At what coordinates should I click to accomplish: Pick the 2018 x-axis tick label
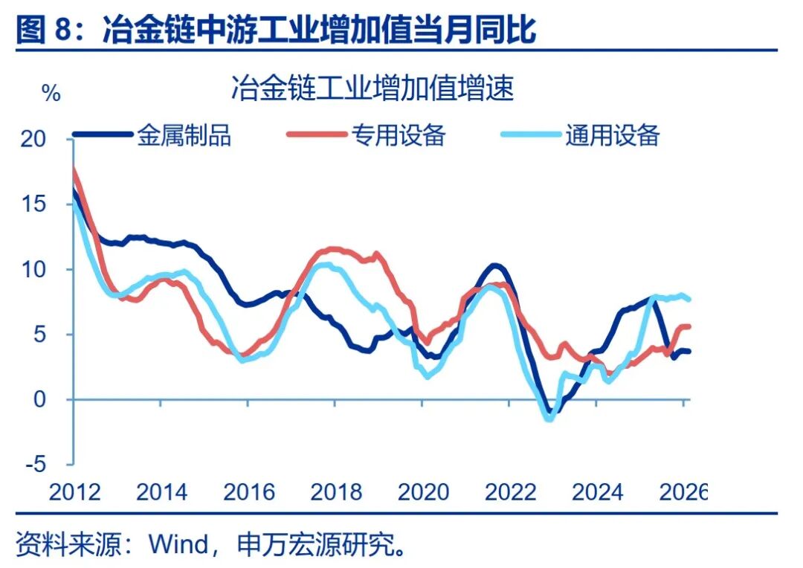pyautogui.click(x=336, y=492)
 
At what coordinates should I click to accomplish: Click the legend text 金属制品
pyautogui.click(x=184, y=135)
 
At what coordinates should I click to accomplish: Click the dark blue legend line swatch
pyautogui.click(x=103, y=135)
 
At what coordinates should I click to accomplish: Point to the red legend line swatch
pyautogui.click(x=317, y=135)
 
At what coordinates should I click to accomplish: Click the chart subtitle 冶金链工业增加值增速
pyautogui.click(x=372, y=89)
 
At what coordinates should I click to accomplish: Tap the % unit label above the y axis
pyautogui.click(x=51, y=94)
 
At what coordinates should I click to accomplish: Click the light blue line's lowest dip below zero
pyautogui.click(x=549, y=419)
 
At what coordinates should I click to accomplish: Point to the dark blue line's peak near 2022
pyautogui.click(x=494, y=265)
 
